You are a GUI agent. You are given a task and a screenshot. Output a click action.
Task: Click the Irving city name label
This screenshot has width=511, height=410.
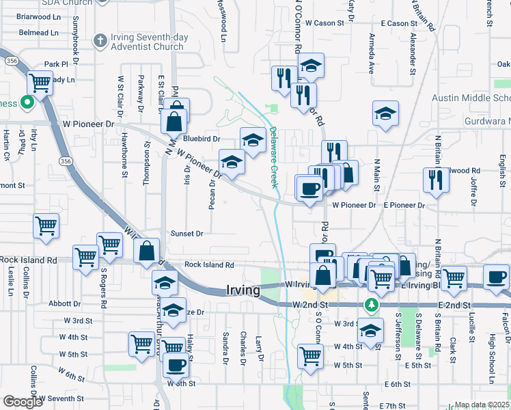pyautogui.click(x=243, y=290)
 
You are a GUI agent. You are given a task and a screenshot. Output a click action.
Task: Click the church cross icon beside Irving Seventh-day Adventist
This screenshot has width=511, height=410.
pyautogui.click(x=100, y=40)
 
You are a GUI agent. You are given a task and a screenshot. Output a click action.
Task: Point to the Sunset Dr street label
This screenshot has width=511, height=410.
pyautogui.click(x=187, y=234)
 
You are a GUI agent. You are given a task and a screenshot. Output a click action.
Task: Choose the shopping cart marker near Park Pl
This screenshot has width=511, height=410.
pyautogui.click(x=40, y=83)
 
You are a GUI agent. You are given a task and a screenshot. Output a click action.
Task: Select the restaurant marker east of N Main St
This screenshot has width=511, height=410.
pyautogui.click(x=435, y=179)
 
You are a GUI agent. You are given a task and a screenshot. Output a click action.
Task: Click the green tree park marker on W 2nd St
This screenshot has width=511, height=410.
pyautogui.click(x=372, y=304)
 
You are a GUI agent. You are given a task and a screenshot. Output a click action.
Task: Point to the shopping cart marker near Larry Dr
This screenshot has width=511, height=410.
pyautogui.click(x=310, y=355)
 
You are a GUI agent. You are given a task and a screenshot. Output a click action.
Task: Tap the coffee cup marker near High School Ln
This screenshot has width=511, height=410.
pyautogui.click(x=496, y=276)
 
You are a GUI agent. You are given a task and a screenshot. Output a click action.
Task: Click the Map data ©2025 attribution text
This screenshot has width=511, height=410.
pyautogui.click(x=482, y=405)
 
